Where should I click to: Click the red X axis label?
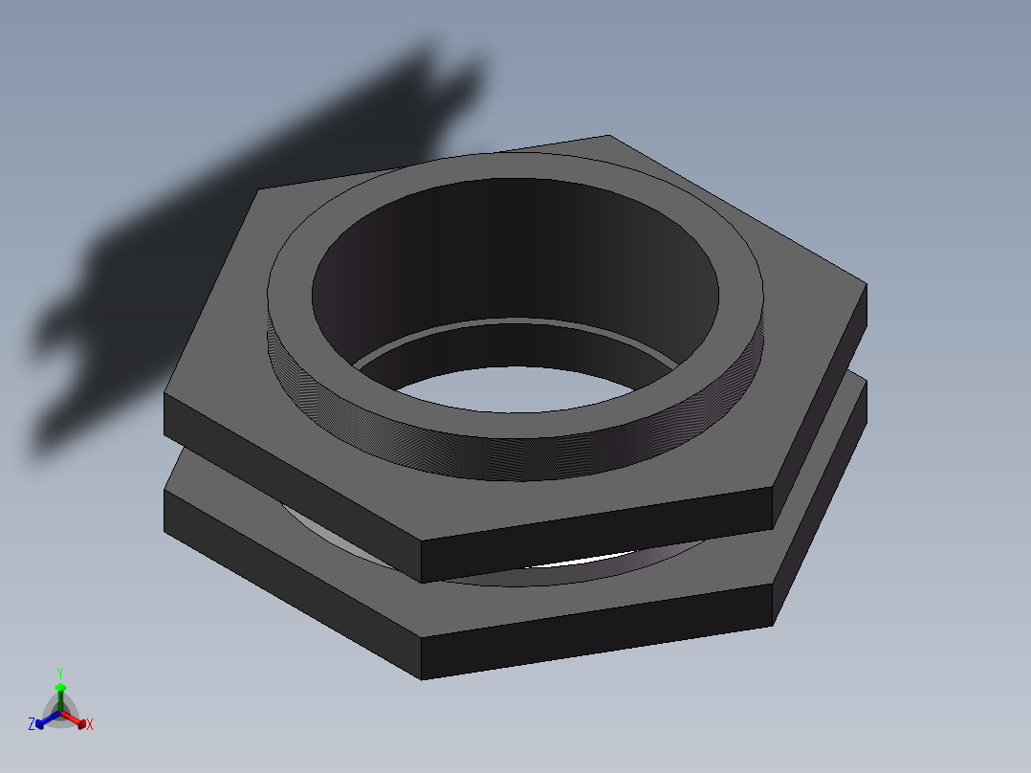(90, 725)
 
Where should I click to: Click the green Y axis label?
(59, 673)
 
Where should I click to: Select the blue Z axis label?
(32, 725)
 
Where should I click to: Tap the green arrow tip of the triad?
(60, 687)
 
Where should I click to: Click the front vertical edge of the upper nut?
(422, 561)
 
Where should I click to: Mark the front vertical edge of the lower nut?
(422, 658)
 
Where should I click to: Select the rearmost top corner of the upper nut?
(607, 136)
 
